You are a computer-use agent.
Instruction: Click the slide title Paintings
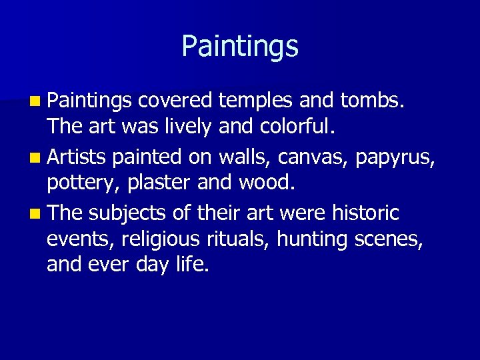240,46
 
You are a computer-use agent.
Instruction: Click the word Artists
77,157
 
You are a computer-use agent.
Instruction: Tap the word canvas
319,159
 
